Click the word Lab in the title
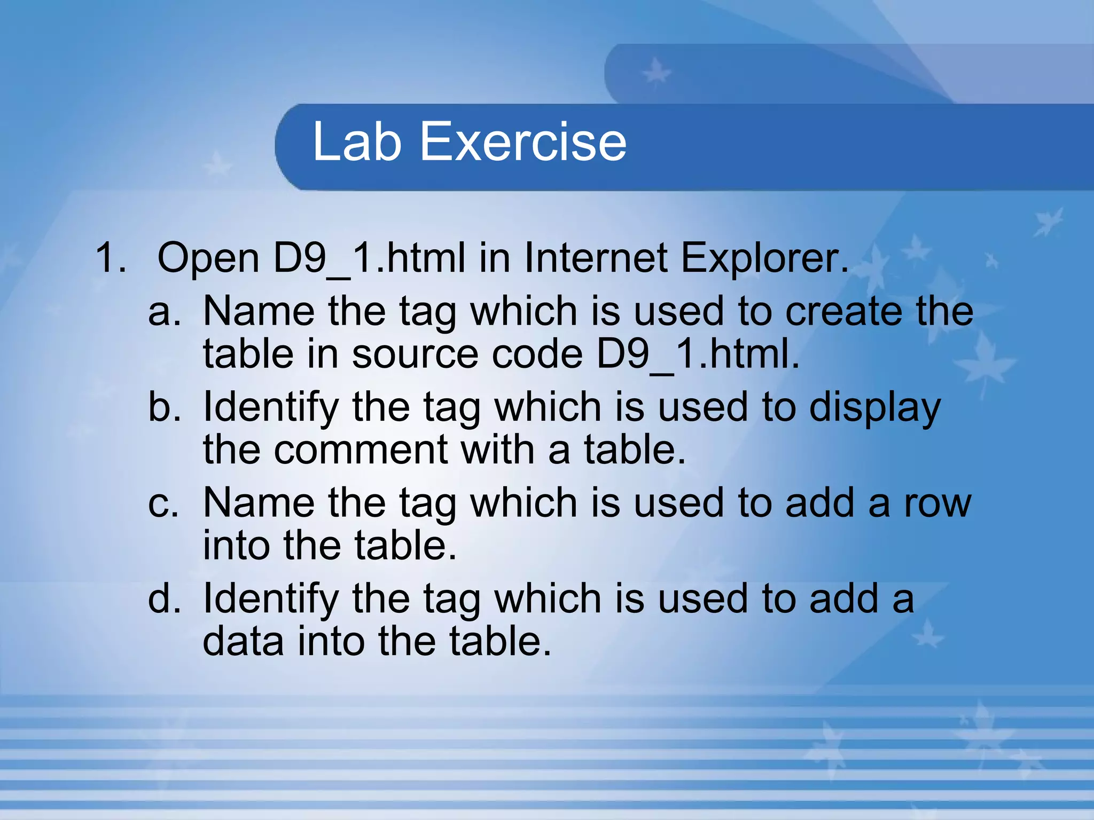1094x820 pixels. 356,141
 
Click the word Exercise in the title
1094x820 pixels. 523,141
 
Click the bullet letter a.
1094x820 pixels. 164,313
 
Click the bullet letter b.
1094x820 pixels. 164,407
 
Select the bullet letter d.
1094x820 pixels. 164,599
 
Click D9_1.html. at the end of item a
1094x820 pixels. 698,354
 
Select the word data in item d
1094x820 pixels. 243,641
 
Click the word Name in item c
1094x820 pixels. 259,503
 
